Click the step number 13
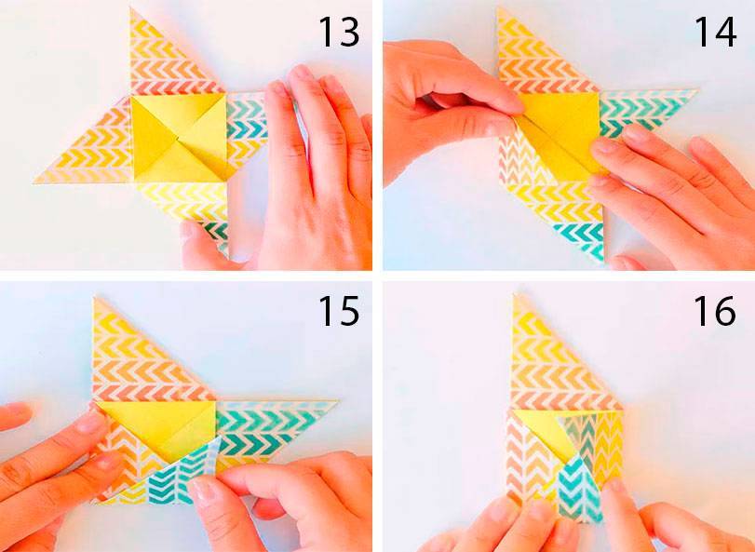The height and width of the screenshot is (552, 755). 339,33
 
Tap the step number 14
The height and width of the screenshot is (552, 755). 715,33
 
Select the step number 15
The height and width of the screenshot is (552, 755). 339,311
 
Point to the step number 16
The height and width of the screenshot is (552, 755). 715,311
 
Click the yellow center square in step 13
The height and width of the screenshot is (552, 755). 179,138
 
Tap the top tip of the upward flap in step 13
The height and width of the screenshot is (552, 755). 131,9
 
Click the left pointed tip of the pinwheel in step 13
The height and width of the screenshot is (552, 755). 34,182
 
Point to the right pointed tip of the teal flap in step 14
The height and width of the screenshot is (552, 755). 696,90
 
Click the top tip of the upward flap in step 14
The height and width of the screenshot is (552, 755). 498,8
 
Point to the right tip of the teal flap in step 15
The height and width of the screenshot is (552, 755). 337,401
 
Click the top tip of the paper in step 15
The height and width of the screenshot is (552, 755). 94,299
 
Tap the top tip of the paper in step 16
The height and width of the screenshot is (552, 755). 515,295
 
